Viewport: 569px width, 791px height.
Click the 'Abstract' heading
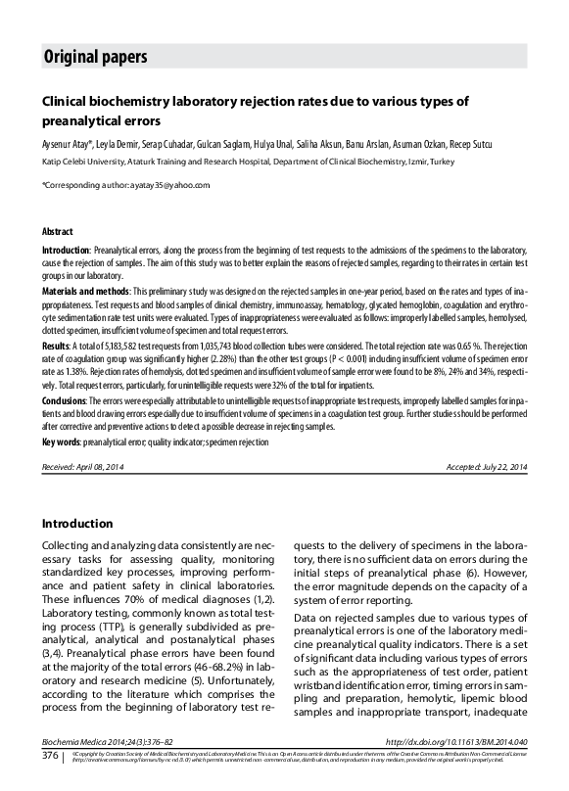pos(57,232)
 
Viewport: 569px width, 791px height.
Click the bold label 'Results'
pos(55,348)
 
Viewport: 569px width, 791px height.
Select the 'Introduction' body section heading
pos(77,524)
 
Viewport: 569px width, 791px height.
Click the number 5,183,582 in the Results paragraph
pos(119,348)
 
